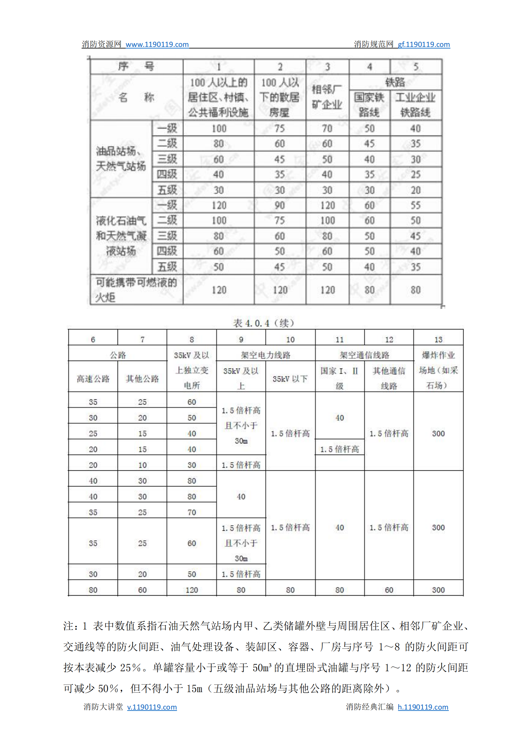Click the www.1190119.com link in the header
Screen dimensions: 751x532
[157, 44]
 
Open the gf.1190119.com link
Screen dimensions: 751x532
[423, 44]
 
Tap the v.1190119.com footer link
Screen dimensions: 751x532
[152, 707]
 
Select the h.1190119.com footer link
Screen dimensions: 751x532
[423, 707]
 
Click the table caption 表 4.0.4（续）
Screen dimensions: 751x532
[264, 323]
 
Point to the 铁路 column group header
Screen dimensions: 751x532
[395, 82]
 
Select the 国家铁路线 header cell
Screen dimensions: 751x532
[369, 105]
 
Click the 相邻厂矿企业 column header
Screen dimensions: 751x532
[327, 97]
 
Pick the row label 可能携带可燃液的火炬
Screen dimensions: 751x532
[136, 289]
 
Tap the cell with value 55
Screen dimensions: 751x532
[415, 205]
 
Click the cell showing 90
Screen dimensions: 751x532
[279, 205]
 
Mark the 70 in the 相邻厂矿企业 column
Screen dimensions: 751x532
[327, 128]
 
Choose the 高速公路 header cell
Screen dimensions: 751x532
[93, 379]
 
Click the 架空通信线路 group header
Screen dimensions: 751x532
[364, 355]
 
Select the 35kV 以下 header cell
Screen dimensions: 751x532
[290, 379]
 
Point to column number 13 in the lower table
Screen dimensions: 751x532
[438, 339]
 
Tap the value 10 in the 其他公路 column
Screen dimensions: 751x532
[142, 465]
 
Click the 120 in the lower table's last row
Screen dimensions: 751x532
[192, 590]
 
